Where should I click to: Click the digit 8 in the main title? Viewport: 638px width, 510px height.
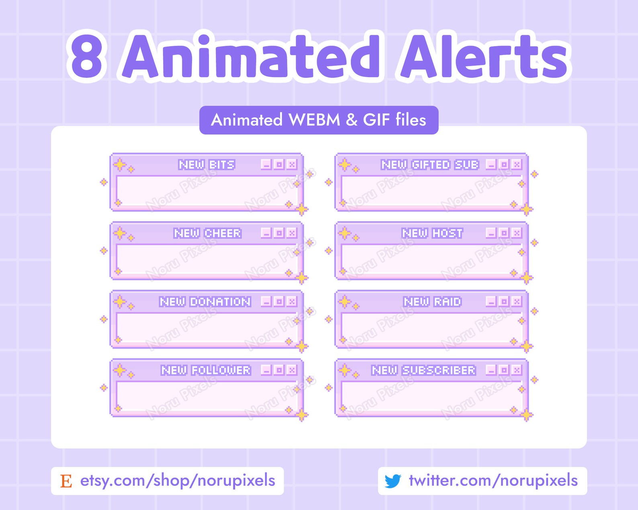pyautogui.click(x=87, y=56)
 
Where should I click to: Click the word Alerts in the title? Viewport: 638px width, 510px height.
pyautogui.click(x=483, y=56)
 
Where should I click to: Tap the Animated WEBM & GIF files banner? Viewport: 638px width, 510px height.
pyautogui.click(x=319, y=120)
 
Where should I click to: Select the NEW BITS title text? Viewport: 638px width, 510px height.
pyautogui.click(x=207, y=165)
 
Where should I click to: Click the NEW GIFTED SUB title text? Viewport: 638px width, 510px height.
pyautogui.click(x=430, y=165)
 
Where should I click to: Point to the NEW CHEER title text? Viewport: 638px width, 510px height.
pyautogui.click(x=207, y=233)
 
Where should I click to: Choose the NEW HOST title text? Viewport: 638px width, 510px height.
pyautogui.click(x=432, y=233)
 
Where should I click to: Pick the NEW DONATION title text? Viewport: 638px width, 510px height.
pyautogui.click(x=205, y=302)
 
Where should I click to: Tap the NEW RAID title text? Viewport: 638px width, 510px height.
pyautogui.click(x=432, y=302)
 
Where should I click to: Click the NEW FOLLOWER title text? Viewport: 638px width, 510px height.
pyautogui.click(x=206, y=370)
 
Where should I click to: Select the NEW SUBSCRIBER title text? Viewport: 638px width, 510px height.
pyautogui.click(x=423, y=370)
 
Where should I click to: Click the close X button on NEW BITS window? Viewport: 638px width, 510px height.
pyautogui.click(x=292, y=164)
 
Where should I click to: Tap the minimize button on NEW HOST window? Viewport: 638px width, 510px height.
pyautogui.click(x=491, y=233)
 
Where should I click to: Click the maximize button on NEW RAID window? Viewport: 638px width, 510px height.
pyautogui.click(x=504, y=301)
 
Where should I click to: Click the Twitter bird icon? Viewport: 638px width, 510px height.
pyautogui.click(x=393, y=481)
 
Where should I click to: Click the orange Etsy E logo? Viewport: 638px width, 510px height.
pyautogui.click(x=66, y=481)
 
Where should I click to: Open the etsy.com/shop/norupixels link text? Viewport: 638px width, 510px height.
pyautogui.click(x=178, y=481)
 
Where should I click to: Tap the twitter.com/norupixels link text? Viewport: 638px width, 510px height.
pyautogui.click(x=493, y=481)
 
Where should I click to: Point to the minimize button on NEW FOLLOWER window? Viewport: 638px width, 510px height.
pyautogui.click(x=266, y=370)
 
